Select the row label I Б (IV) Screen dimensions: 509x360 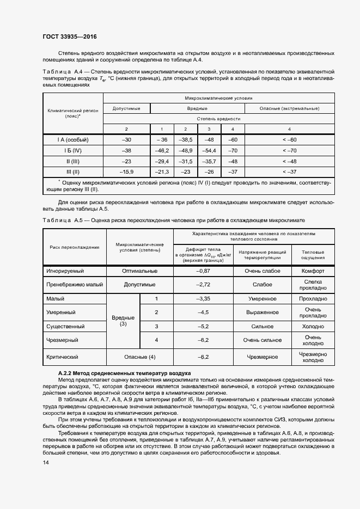pos(72,150)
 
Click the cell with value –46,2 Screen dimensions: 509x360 pos(162,150)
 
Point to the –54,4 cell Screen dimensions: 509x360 pos(209,150)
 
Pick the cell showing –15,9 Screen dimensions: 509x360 pos(126,172)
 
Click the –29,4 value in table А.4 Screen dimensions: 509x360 pos(162,161)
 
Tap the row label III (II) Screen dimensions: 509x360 pos(72,172)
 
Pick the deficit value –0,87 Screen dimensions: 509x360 pos(203,271)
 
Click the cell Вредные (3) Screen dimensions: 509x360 pos(123,320)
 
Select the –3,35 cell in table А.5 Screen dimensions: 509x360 pos(203,299)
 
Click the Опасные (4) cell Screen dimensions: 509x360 pos(141,357)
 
